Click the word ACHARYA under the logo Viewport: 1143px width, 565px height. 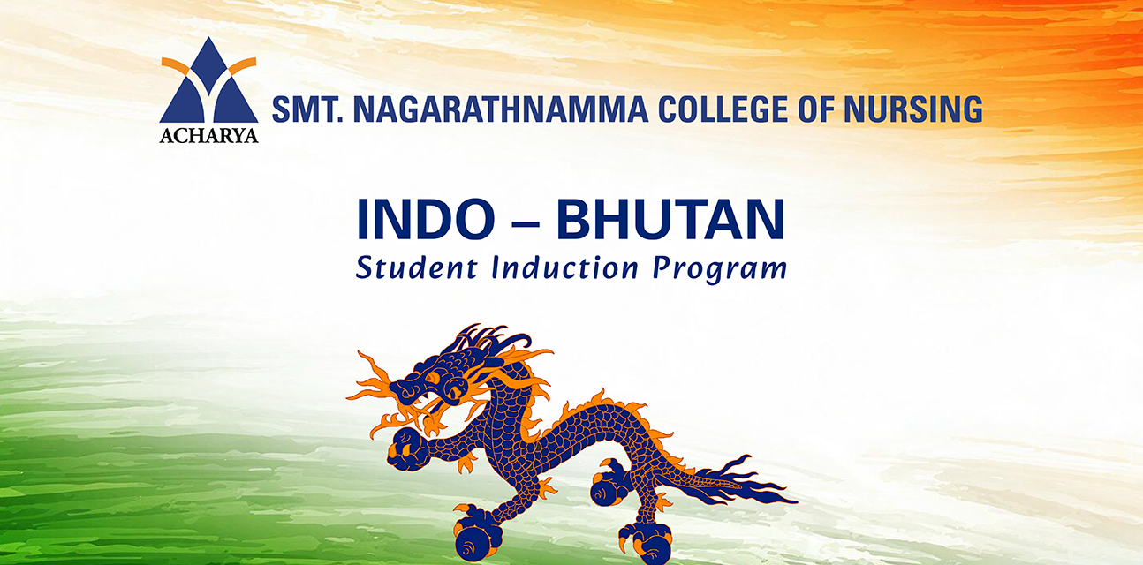click(x=208, y=135)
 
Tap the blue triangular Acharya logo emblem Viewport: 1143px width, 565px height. click(x=208, y=80)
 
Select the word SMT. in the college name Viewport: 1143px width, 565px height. click(x=307, y=109)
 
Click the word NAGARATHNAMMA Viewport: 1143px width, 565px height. click(x=500, y=109)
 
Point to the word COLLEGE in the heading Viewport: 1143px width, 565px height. click(x=723, y=109)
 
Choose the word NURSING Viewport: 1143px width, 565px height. click(x=913, y=109)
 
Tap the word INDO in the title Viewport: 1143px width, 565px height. click(x=426, y=219)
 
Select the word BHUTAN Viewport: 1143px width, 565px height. click(x=670, y=219)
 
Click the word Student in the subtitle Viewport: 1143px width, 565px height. click(x=416, y=267)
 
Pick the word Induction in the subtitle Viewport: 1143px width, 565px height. click(x=564, y=267)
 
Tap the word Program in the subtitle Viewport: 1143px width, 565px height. click(x=720, y=269)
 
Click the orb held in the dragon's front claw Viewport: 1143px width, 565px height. click(x=407, y=449)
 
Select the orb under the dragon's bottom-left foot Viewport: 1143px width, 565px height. click(x=475, y=544)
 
